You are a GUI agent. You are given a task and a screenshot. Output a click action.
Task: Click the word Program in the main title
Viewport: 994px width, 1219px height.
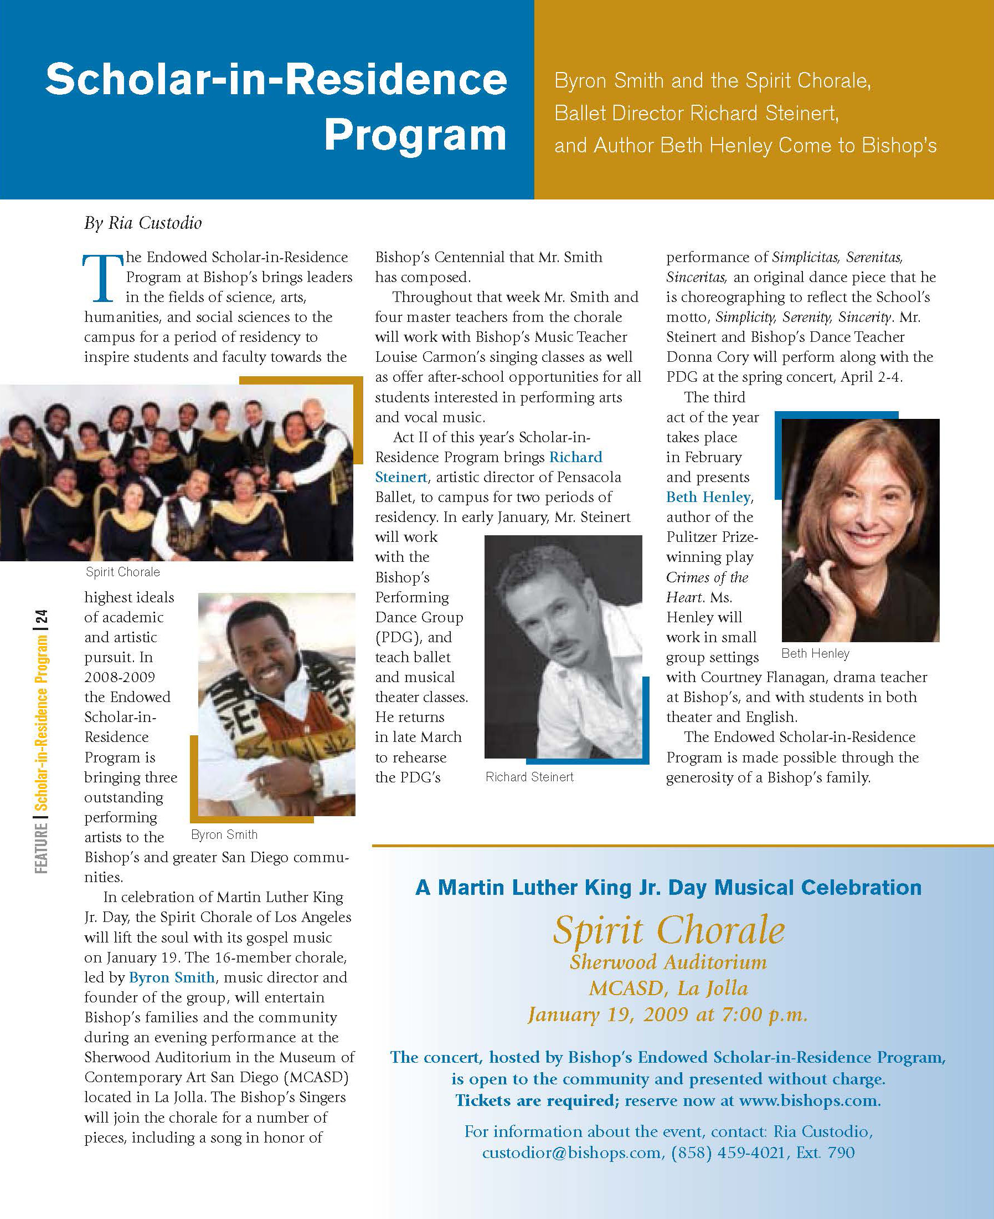point(415,136)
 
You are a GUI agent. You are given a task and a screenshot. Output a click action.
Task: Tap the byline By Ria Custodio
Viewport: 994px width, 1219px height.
point(142,223)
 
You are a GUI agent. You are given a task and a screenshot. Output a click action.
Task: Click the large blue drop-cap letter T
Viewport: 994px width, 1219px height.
point(102,278)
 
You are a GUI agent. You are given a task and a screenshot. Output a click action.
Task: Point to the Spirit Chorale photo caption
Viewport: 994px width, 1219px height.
point(122,572)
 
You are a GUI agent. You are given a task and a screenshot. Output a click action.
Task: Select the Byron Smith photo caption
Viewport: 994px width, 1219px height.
point(224,834)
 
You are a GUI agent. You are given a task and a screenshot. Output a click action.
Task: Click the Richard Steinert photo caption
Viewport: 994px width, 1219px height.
point(529,777)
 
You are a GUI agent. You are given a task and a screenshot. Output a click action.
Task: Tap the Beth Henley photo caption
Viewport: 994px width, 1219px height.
point(815,653)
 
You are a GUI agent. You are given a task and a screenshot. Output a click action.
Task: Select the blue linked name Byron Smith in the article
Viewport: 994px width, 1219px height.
point(172,977)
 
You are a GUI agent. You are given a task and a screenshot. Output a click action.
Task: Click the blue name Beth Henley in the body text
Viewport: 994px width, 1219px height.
point(708,497)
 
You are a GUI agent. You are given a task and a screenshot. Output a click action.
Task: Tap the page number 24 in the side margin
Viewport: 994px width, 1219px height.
point(41,618)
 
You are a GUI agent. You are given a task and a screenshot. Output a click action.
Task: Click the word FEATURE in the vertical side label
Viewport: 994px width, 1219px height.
point(41,848)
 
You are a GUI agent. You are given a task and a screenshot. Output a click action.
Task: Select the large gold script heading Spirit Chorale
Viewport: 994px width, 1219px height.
point(668,929)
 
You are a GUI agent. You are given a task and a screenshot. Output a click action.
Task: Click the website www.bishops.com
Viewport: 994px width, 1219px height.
point(809,1100)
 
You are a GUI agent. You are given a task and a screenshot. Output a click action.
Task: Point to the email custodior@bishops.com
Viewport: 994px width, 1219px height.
point(571,1152)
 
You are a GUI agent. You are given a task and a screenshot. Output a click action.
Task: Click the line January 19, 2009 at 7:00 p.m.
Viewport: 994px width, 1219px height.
point(667,1015)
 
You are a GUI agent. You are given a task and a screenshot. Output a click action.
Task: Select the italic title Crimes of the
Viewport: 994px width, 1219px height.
point(707,577)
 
